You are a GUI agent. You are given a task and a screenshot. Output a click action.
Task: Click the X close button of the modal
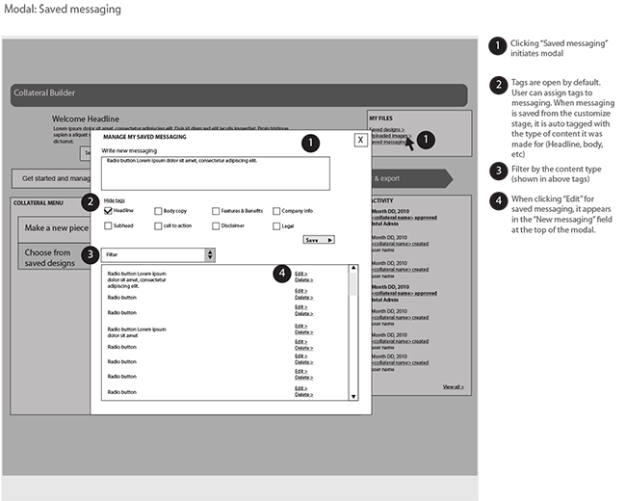point(359,140)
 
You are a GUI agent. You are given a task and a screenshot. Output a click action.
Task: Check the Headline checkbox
point(108,210)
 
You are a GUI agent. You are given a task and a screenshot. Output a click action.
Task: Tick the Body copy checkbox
point(157,210)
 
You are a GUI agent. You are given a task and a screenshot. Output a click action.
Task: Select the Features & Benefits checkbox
point(216,210)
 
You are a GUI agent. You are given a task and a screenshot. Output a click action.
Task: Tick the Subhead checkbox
point(108,225)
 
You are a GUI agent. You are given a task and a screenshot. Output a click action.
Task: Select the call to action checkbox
point(157,225)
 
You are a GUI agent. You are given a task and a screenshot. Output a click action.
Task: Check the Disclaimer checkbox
point(216,225)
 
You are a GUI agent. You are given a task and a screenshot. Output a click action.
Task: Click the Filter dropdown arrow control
point(210,254)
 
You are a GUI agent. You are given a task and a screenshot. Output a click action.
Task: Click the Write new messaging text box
point(215,172)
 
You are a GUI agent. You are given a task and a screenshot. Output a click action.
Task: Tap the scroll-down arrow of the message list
point(352,395)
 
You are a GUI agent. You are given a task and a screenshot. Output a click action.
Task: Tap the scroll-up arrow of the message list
point(352,269)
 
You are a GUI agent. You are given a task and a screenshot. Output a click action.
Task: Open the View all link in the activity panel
point(453,386)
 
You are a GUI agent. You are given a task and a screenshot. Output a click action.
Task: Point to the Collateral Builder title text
point(44,93)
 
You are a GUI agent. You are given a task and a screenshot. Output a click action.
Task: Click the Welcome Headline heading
point(86,119)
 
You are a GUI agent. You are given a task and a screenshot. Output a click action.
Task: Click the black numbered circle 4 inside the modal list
point(282,274)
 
